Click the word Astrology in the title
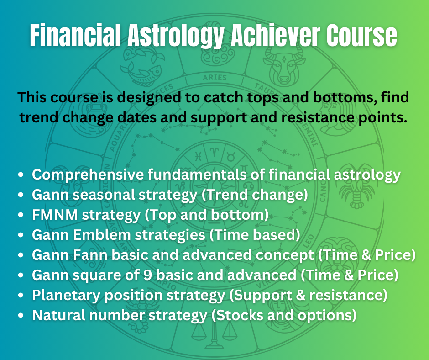click(x=176, y=36)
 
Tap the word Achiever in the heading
click(x=275, y=35)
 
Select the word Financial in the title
click(x=75, y=35)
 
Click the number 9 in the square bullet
click(x=147, y=275)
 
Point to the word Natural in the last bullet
click(x=58, y=315)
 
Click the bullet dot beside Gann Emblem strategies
click(x=21, y=235)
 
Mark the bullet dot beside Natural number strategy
click(x=21, y=315)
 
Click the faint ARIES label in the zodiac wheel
click(x=215, y=78)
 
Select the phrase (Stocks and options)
click(x=284, y=316)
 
